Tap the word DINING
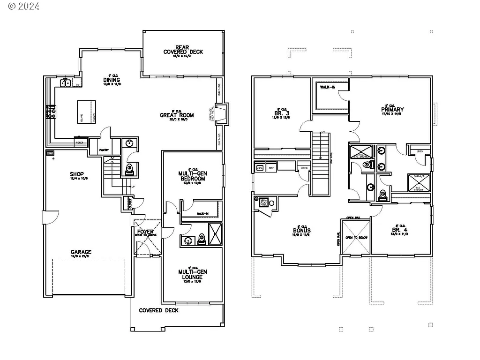[112, 80]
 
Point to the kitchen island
[87, 111]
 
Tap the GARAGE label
[81, 252]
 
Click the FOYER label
[145, 232]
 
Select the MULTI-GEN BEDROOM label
[192, 176]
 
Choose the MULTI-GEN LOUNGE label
[192, 274]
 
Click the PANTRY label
[104, 150]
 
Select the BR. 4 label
[399, 230]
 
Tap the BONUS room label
[301, 231]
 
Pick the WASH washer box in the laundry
[259, 167]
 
